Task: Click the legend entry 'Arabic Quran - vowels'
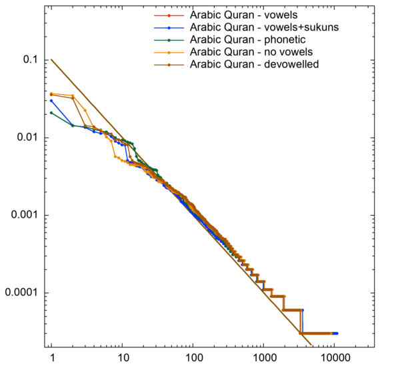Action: tap(243, 15)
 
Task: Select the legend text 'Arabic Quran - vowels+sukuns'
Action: tap(263, 27)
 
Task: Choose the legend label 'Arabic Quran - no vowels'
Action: tap(252, 51)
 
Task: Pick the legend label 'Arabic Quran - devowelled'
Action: tap(253, 64)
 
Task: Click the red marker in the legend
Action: tap(169, 15)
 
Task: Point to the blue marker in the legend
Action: tap(169, 27)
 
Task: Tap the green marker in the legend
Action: tap(169, 39)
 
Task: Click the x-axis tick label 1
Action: tap(51, 359)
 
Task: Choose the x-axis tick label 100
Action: tap(193, 359)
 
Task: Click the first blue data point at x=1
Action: tap(51, 101)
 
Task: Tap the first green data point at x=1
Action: tap(51, 113)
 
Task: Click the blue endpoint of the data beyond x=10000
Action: tap(337, 333)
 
